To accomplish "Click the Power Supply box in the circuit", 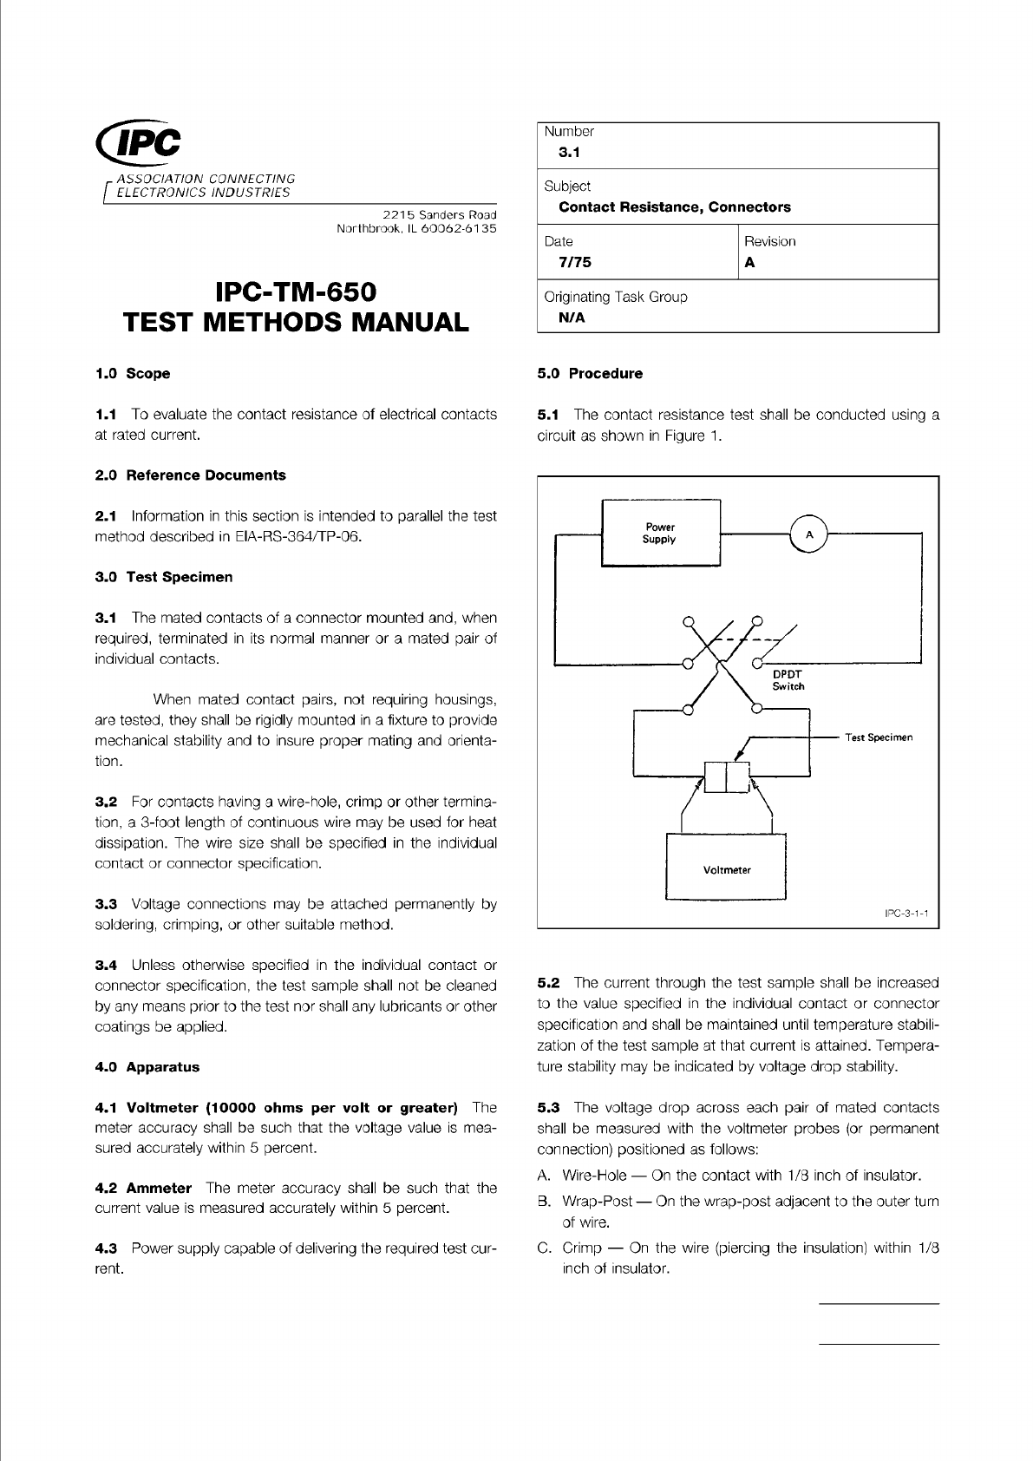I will [660, 533].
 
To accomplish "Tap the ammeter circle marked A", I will [809, 534].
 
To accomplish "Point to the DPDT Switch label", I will [788, 679].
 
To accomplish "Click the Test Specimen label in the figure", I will [879, 737].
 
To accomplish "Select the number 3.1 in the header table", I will [569, 153].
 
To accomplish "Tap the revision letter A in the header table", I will [749, 262].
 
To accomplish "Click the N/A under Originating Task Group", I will [572, 318].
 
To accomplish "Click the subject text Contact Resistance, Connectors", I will [675, 207].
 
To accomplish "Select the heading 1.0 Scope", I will [132, 374].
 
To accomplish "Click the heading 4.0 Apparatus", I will [147, 1067].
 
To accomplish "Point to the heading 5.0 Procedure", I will [590, 374].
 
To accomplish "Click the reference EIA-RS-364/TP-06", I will [297, 536].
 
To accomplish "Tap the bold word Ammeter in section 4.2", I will [159, 1188].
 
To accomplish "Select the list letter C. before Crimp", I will [546, 1248].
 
